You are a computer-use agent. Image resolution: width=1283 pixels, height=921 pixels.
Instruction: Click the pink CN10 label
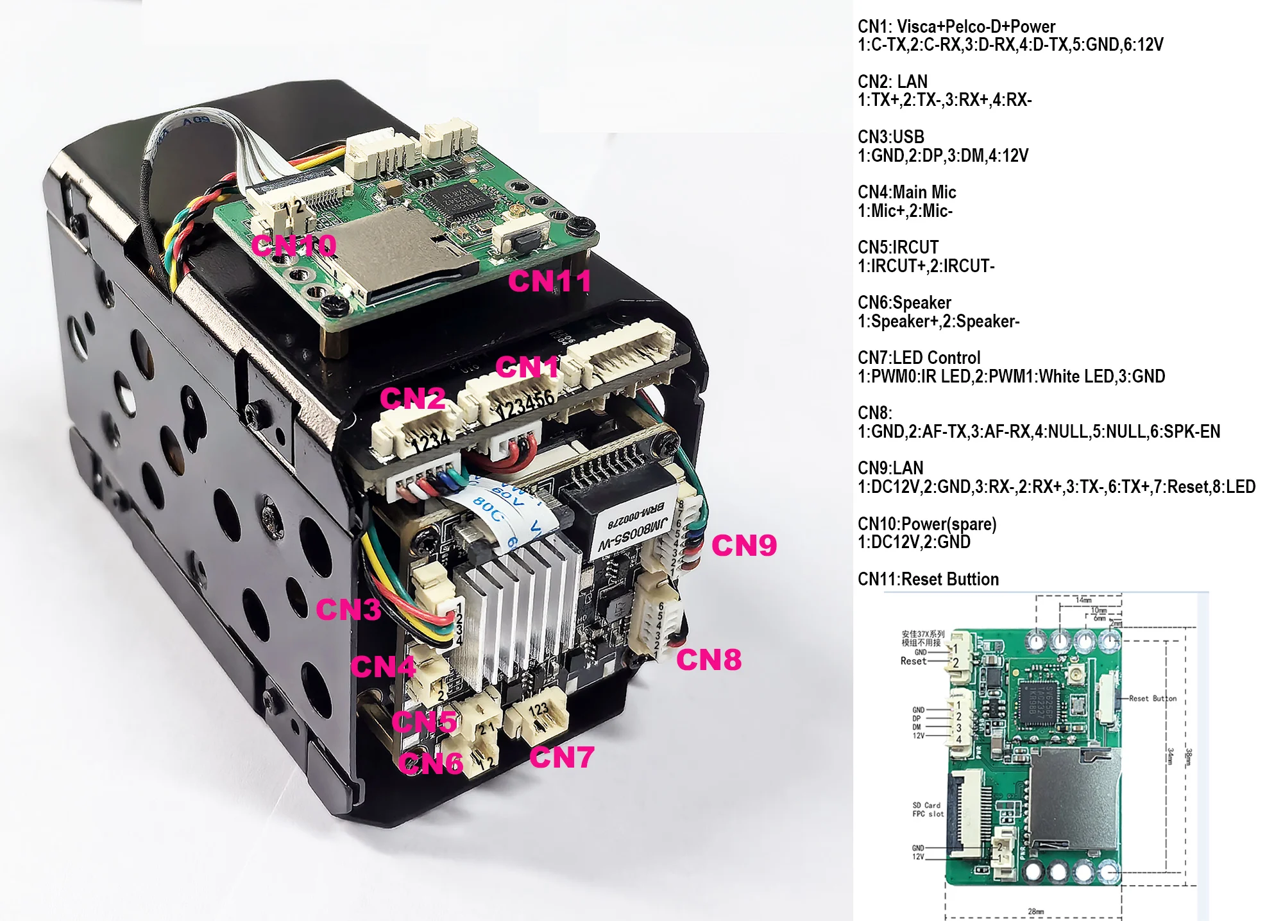pyautogui.click(x=293, y=246)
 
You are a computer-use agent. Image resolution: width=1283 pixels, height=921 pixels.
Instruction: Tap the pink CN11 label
pyautogui.click(x=549, y=281)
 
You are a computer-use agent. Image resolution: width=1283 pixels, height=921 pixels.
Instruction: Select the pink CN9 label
pyautogui.click(x=744, y=546)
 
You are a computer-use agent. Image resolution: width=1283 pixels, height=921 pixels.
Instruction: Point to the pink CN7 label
pyautogui.click(x=561, y=757)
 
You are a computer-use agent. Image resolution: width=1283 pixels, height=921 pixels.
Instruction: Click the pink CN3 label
pyautogui.click(x=348, y=610)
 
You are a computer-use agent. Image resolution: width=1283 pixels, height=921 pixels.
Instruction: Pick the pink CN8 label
pyautogui.click(x=709, y=660)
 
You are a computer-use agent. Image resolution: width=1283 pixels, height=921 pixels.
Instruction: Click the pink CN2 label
pyautogui.click(x=412, y=399)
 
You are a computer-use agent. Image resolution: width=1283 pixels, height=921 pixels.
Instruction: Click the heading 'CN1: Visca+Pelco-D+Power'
pyautogui.click(x=956, y=26)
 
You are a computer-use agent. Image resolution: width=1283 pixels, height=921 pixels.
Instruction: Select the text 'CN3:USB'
pyautogui.click(x=891, y=137)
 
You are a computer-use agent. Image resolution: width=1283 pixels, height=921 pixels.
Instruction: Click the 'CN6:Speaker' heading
pyautogui.click(x=905, y=302)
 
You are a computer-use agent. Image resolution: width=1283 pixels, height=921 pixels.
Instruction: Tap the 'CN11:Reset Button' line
pyautogui.click(x=928, y=579)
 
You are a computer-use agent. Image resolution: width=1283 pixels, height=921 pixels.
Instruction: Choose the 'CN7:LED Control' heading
pyautogui.click(x=919, y=357)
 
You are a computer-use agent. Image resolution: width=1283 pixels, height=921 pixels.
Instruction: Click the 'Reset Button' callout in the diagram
pyautogui.click(x=1153, y=698)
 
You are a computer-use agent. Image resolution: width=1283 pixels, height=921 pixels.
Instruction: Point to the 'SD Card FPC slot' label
pyautogui.click(x=928, y=809)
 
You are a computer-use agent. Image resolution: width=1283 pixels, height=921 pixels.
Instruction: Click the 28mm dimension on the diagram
pyautogui.click(x=1035, y=911)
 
